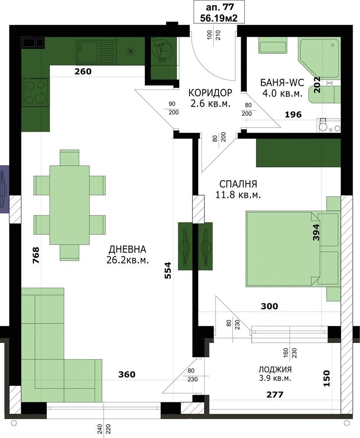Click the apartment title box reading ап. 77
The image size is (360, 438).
[x=219, y=12]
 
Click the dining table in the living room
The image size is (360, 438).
[x=70, y=205]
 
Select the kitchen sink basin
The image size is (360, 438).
[x=87, y=52]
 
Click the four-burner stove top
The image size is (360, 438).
[x=35, y=92]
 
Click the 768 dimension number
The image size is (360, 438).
[x=36, y=255]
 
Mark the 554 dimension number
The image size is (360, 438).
[x=168, y=270]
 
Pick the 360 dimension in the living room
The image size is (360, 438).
[x=127, y=374]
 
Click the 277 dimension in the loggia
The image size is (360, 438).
[x=275, y=395]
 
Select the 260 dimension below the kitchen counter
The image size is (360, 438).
[x=83, y=71]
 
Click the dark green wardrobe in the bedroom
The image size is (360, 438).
[x=298, y=153]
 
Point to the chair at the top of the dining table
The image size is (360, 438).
[x=70, y=158]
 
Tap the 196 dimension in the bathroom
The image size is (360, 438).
[x=293, y=114]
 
